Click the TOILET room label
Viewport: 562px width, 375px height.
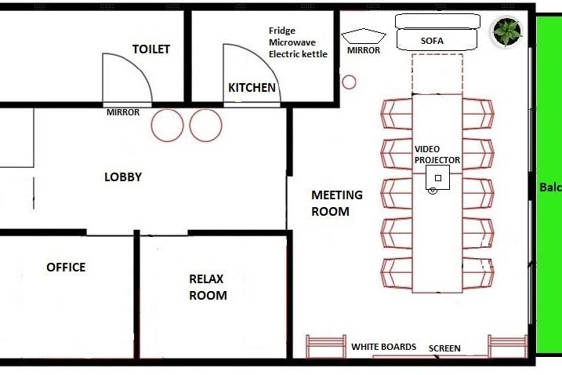(x=151, y=49)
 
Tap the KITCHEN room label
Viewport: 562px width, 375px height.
(x=252, y=88)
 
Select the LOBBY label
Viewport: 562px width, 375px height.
(x=123, y=177)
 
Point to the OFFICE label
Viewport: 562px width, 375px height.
(x=66, y=267)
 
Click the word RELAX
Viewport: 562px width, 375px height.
(x=206, y=279)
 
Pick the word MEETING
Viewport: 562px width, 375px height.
(x=337, y=195)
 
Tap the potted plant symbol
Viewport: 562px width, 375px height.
(x=507, y=31)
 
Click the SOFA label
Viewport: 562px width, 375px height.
(x=432, y=41)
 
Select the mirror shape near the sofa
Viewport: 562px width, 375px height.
(x=364, y=36)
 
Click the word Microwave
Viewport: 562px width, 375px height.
(x=292, y=42)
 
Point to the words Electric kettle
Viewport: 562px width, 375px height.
(x=298, y=54)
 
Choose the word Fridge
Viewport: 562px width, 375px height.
(x=282, y=31)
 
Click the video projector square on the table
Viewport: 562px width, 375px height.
(x=437, y=177)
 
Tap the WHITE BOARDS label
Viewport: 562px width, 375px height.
(x=383, y=347)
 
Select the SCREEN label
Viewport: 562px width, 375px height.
(x=444, y=348)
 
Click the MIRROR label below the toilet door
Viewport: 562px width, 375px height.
(x=123, y=112)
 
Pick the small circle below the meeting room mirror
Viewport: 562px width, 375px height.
(x=349, y=82)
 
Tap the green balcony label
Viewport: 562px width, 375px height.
(x=551, y=187)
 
